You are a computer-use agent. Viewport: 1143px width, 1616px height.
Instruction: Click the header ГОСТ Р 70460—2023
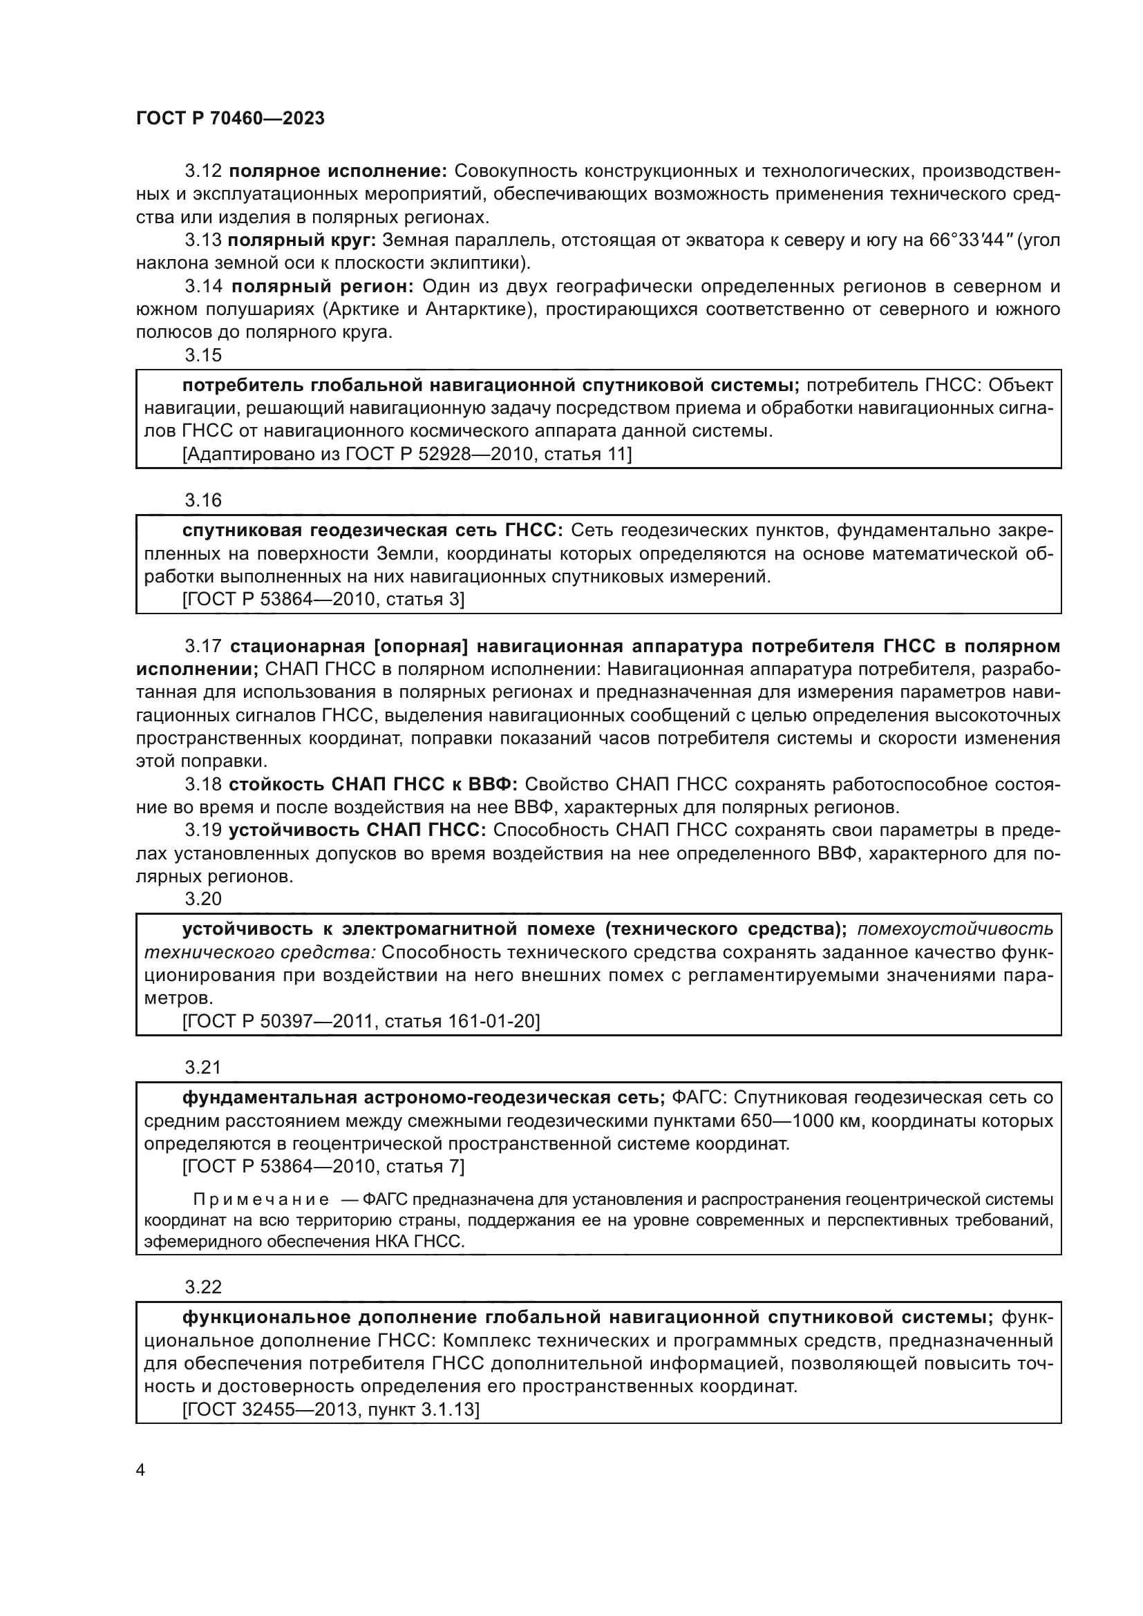230,118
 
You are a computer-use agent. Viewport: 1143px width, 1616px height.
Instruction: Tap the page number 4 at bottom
140,1470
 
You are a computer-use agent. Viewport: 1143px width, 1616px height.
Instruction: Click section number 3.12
203,171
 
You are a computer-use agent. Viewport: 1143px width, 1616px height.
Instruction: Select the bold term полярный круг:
302,240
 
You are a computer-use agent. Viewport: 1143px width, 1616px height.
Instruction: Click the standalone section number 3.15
203,355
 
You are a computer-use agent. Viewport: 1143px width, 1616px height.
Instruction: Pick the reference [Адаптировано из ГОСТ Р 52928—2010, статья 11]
407,454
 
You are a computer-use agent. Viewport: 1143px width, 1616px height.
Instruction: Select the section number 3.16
203,500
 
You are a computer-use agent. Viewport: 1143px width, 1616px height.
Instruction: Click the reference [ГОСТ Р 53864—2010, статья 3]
323,599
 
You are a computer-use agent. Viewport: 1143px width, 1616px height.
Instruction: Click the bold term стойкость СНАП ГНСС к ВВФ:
374,785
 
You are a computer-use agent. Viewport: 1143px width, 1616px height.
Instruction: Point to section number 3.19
203,830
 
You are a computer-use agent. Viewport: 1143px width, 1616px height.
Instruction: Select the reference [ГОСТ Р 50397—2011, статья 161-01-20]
361,1021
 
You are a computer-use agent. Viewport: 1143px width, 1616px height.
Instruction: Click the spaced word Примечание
261,1200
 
